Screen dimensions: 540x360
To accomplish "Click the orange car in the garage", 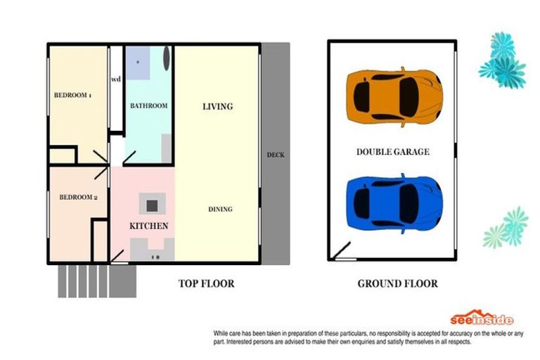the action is tap(394, 97).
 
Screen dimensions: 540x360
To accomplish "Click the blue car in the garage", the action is tap(394, 204).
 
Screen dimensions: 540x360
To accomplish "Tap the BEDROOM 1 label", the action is tap(72, 95).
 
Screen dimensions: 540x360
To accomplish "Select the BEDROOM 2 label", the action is tap(79, 198).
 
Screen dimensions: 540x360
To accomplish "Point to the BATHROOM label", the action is tap(149, 105).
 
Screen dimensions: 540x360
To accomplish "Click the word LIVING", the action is tap(218, 106).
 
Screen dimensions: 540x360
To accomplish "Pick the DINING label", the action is tap(220, 209).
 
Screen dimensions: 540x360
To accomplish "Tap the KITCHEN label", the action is tap(149, 226).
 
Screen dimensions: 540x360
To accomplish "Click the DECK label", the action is tap(276, 155).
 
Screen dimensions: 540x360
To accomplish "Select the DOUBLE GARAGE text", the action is tap(393, 152).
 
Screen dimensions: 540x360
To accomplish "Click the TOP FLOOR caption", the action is tap(206, 283).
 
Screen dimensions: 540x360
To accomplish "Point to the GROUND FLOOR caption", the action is tap(398, 283).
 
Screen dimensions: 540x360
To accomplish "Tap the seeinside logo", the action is tap(482, 318).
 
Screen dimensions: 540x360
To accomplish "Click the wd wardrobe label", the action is tap(116, 79).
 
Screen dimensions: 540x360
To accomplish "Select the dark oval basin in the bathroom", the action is tap(167, 58).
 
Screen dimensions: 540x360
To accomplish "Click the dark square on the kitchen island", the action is tap(152, 206).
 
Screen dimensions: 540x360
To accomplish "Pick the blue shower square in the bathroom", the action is tap(138, 63).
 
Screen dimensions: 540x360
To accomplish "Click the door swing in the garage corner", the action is tap(341, 250).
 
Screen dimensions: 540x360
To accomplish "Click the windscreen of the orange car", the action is tap(409, 97).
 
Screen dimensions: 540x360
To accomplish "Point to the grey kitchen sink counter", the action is tap(152, 250).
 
